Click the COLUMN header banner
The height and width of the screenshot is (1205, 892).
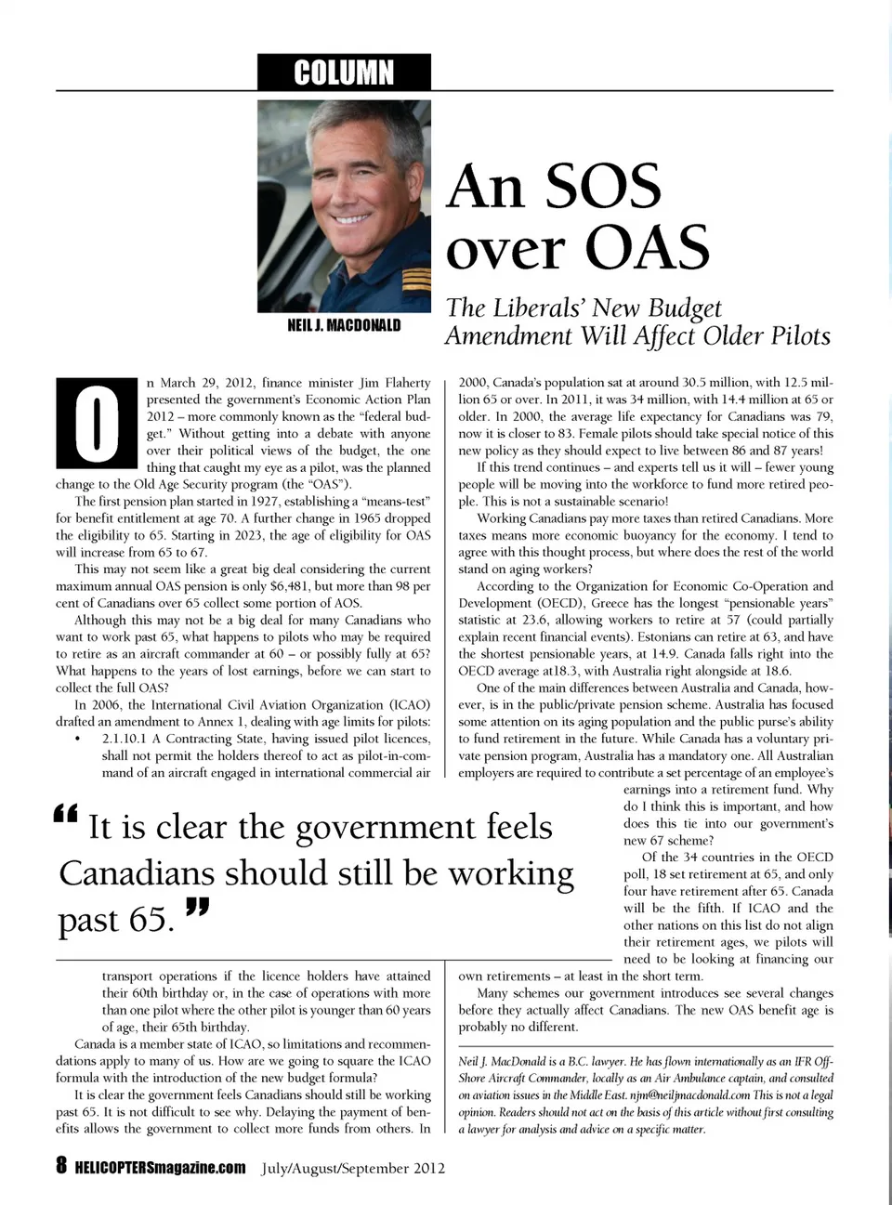click(344, 72)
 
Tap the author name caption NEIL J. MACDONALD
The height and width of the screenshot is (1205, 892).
click(344, 325)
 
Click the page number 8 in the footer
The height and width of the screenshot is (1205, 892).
click(61, 1167)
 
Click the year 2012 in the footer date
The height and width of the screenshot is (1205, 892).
click(425, 1168)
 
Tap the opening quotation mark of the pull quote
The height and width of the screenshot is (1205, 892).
click(66, 815)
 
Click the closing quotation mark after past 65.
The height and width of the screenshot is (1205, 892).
click(197, 907)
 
